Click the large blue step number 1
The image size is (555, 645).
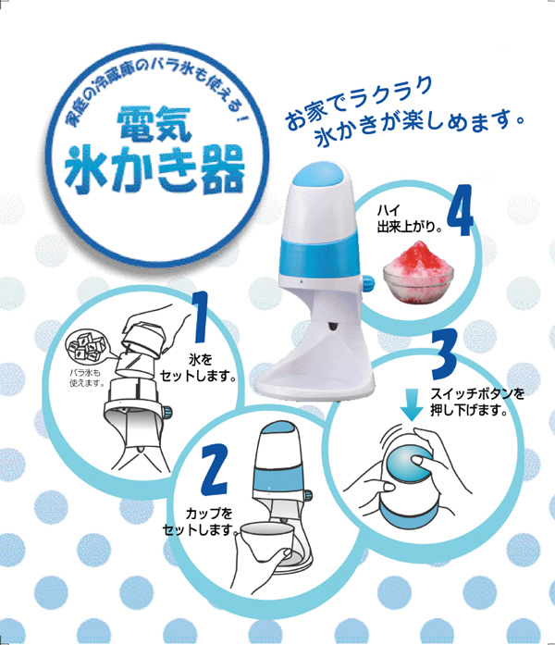click(201, 316)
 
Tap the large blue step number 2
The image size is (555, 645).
click(214, 470)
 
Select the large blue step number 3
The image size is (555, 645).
click(444, 354)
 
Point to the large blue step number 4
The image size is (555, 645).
click(460, 210)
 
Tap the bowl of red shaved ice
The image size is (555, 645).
click(418, 271)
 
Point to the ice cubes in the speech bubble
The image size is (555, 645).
click(86, 346)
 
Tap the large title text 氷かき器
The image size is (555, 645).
click(155, 169)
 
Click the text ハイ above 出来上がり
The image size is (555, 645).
click(388, 211)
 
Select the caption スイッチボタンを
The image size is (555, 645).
click(477, 393)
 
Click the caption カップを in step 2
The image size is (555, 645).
click(208, 514)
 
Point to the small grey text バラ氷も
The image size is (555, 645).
click(84, 374)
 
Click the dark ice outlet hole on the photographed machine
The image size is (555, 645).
click(331, 326)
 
